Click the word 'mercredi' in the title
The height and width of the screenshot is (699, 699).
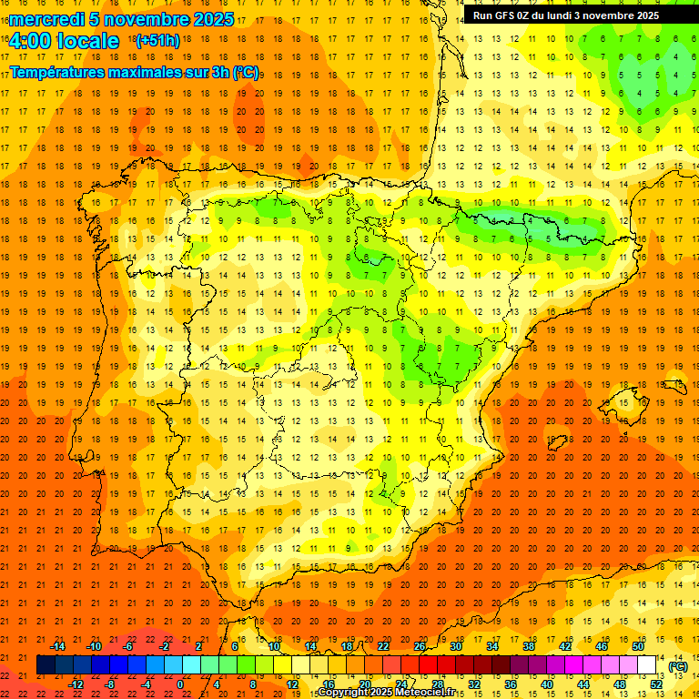coord(46,19)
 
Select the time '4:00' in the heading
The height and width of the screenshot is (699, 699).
coord(31,41)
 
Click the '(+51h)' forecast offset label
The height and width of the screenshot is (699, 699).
coord(157,41)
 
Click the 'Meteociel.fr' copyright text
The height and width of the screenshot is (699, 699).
coord(427,693)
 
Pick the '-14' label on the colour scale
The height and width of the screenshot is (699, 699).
coord(58,646)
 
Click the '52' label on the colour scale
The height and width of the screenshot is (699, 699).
coord(655,684)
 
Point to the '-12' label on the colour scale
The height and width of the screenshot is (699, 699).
coord(76,684)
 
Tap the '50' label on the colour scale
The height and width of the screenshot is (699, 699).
coord(638,646)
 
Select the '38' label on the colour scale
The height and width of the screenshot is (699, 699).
coord(529,646)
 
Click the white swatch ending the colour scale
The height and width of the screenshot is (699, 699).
coord(646,665)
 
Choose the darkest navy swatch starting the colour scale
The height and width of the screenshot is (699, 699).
coord(46,665)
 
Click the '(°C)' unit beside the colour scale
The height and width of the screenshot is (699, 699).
coord(677,666)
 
